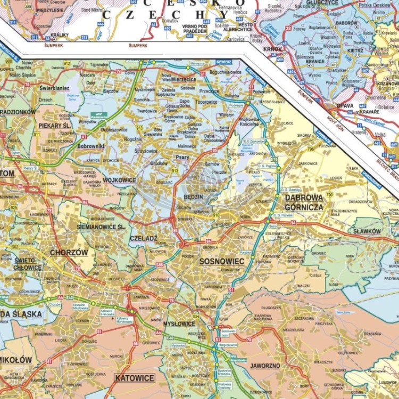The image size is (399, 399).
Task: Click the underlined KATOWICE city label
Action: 134,378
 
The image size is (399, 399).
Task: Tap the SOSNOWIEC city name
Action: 221,261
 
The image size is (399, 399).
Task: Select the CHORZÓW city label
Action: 69,252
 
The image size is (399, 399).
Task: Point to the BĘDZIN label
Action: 193,196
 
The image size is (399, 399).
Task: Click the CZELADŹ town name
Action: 144,238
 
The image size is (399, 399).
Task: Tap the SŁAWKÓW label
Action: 367,231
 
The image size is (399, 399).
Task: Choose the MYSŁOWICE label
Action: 179,323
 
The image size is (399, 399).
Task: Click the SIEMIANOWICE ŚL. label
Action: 102,227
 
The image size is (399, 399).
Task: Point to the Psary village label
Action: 182,157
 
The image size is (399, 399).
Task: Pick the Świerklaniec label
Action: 55,88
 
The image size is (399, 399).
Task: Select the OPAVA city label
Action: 345,105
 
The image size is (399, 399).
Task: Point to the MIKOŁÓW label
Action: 15,360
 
